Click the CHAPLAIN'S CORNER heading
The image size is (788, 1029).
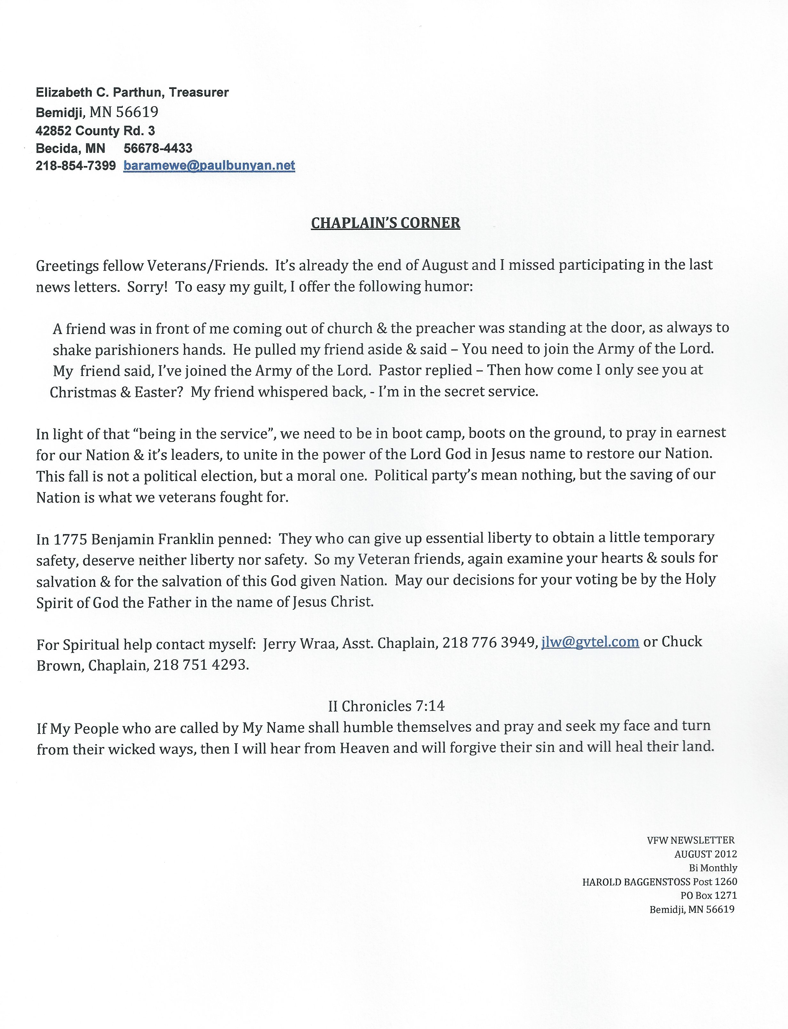pyautogui.click(x=386, y=223)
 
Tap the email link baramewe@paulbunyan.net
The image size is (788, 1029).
pyautogui.click(x=209, y=166)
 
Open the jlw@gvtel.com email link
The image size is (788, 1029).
pyautogui.click(x=590, y=642)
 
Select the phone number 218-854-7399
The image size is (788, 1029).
pyautogui.click(x=75, y=166)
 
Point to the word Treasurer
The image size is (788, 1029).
pyautogui.click(x=199, y=92)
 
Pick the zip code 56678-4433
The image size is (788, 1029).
pyautogui.click(x=158, y=148)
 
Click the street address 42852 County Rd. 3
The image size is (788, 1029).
pyautogui.click(x=95, y=131)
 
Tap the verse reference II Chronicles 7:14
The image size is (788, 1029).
pyautogui.click(x=386, y=706)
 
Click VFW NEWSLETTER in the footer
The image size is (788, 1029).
pyautogui.click(x=691, y=840)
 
